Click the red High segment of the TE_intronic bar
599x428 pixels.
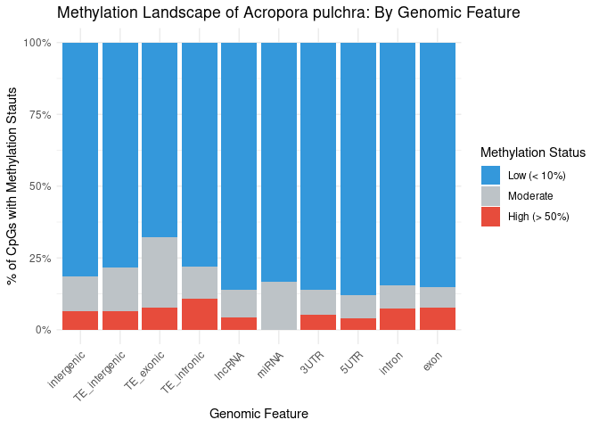coord(200,314)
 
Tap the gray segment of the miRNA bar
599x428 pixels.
coord(279,306)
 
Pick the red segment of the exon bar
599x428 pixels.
coord(438,318)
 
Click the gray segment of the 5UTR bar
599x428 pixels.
coord(358,306)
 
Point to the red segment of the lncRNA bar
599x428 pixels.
coord(239,323)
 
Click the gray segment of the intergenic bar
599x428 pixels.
coord(80,293)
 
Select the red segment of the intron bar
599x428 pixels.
coord(398,318)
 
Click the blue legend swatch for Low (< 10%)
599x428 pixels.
coord(490,176)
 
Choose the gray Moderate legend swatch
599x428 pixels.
coord(490,196)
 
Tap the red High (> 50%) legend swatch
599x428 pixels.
coord(490,217)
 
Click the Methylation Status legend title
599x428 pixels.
coord(532,152)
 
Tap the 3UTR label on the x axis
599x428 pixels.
coord(309,351)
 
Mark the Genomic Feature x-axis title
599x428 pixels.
coord(258,414)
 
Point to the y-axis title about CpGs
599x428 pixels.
coord(13,187)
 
